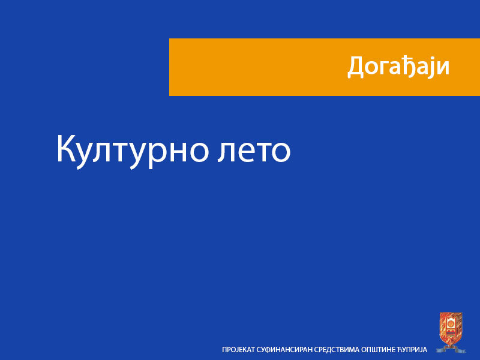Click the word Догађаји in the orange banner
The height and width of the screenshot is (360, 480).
pyautogui.click(x=398, y=67)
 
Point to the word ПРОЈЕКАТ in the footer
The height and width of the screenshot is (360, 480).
pyautogui.click(x=239, y=349)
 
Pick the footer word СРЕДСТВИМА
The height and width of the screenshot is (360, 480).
pyautogui.click(x=341, y=349)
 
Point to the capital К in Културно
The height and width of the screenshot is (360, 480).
pyautogui.click(x=66, y=149)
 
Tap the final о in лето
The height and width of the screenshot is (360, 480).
pyautogui.click(x=279, y=153)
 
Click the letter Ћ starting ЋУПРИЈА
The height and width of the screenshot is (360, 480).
pyautogui.click(x=400, y=349)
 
